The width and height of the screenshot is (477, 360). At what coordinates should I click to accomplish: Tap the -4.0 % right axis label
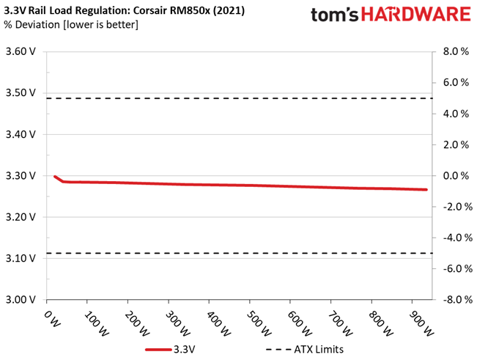[451, 238]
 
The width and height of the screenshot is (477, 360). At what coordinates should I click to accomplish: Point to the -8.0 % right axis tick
[451, 300]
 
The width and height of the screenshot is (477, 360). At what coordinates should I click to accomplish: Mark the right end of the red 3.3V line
[426, 190]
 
